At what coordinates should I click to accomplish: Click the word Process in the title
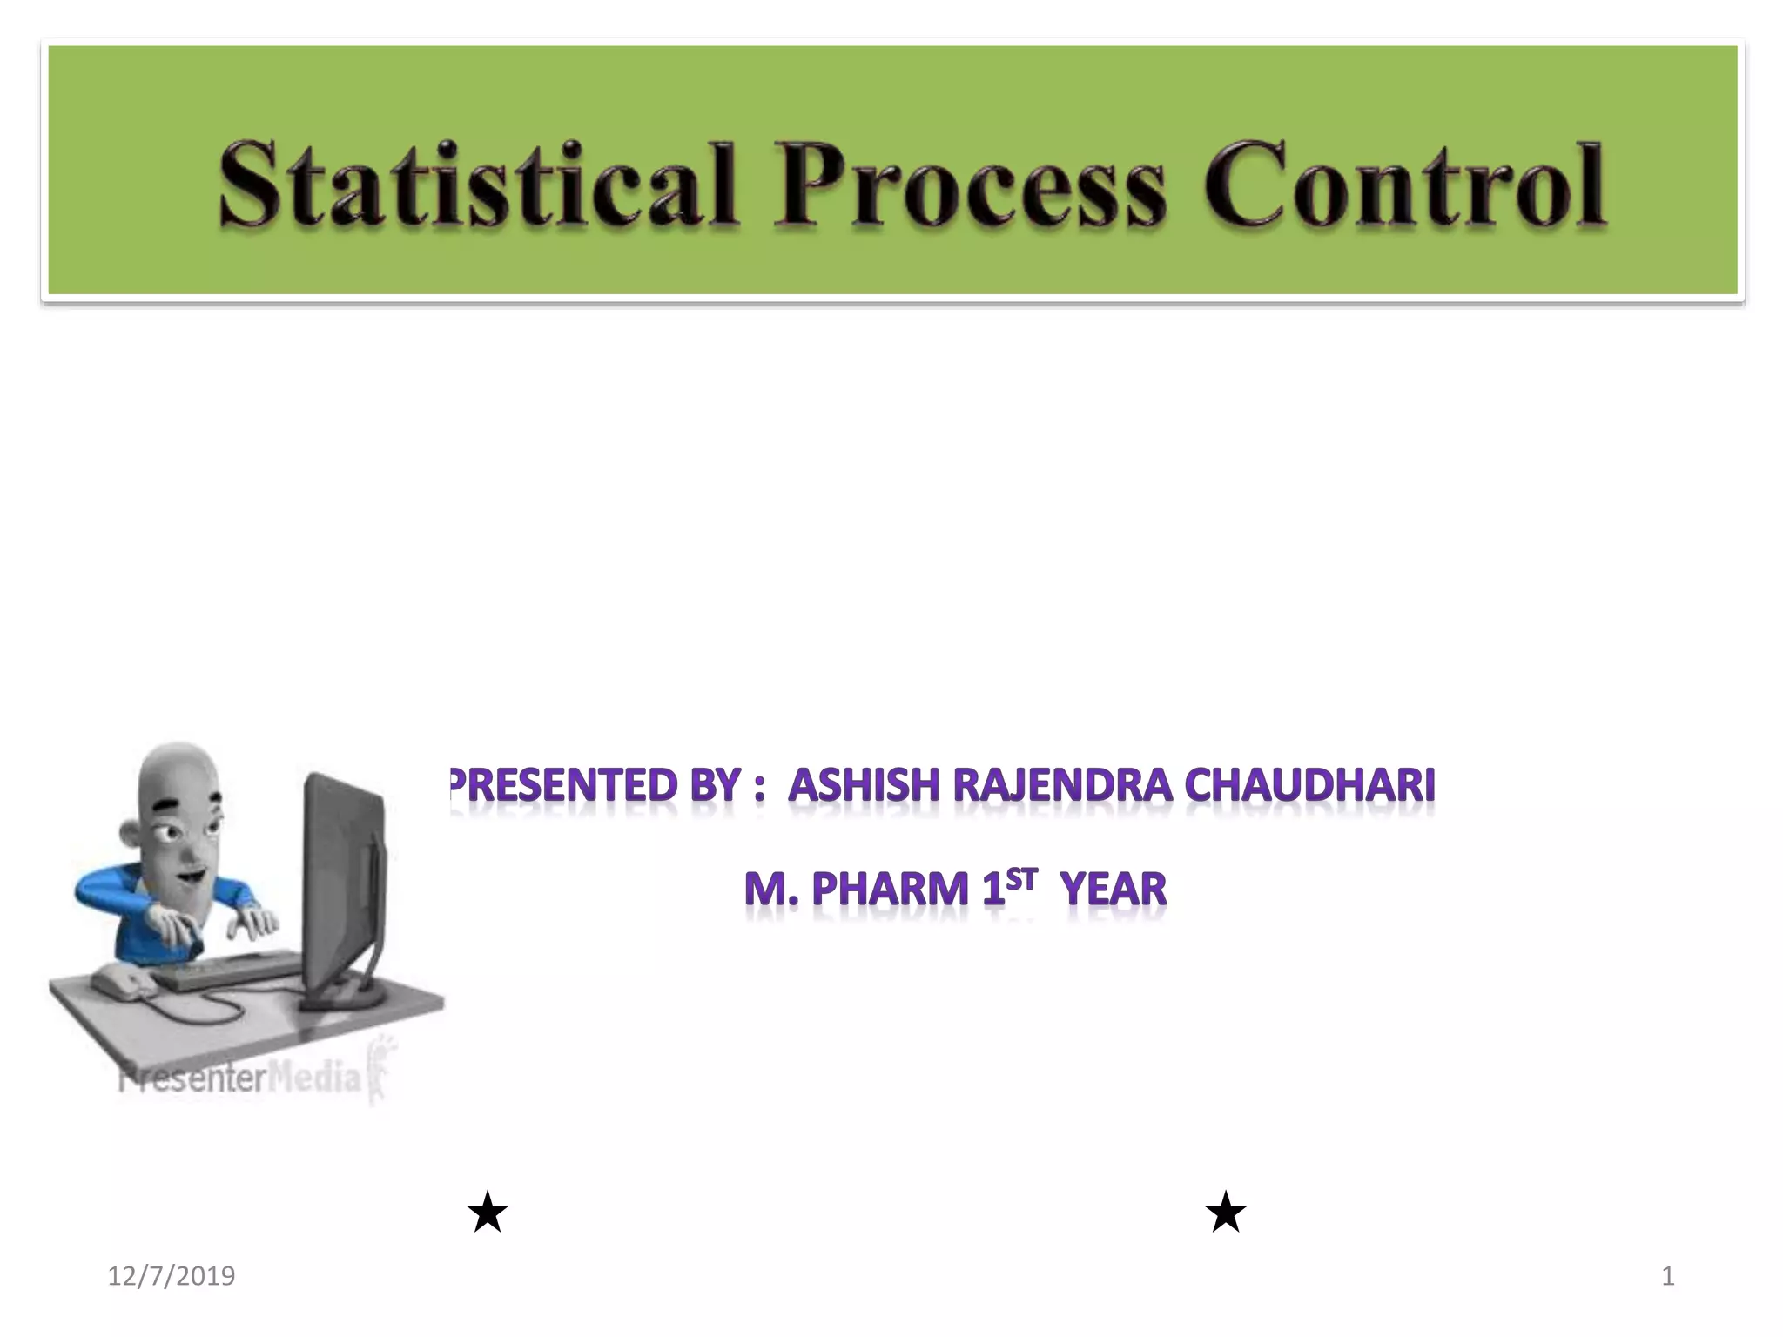(x=970, y=185)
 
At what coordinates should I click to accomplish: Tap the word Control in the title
(x=1403, y=185)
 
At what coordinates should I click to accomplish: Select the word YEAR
(x=1114, y=890)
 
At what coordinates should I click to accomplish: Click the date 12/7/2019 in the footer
(x=172, y=1276)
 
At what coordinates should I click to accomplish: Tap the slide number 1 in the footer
(x=1667, y=1276)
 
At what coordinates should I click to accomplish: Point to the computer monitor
(x=344, y=879)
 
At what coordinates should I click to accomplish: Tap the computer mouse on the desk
(x=122, y=984)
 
